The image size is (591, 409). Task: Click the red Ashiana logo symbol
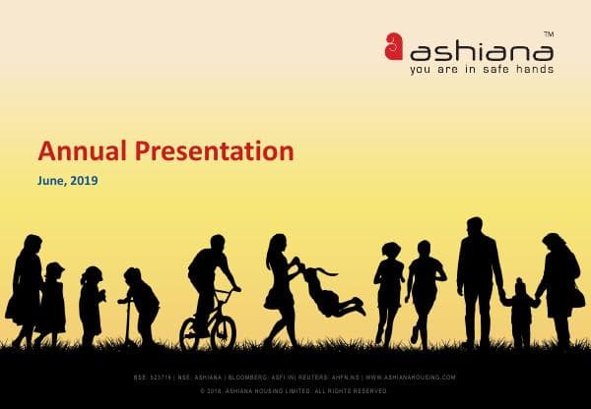click(x=394, y=45)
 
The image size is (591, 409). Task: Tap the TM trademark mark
click(x=548, y=32)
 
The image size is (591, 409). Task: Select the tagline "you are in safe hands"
click(x=481, y=70)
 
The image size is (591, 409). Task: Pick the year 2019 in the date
click(x=85, y=181)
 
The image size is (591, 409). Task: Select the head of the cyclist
click(x=216, y=243)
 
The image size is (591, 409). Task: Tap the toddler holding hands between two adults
click(x=518, y=308)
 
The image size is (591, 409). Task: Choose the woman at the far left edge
click(x=25, y=285)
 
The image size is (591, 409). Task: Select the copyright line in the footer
click(x=295, y=391)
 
